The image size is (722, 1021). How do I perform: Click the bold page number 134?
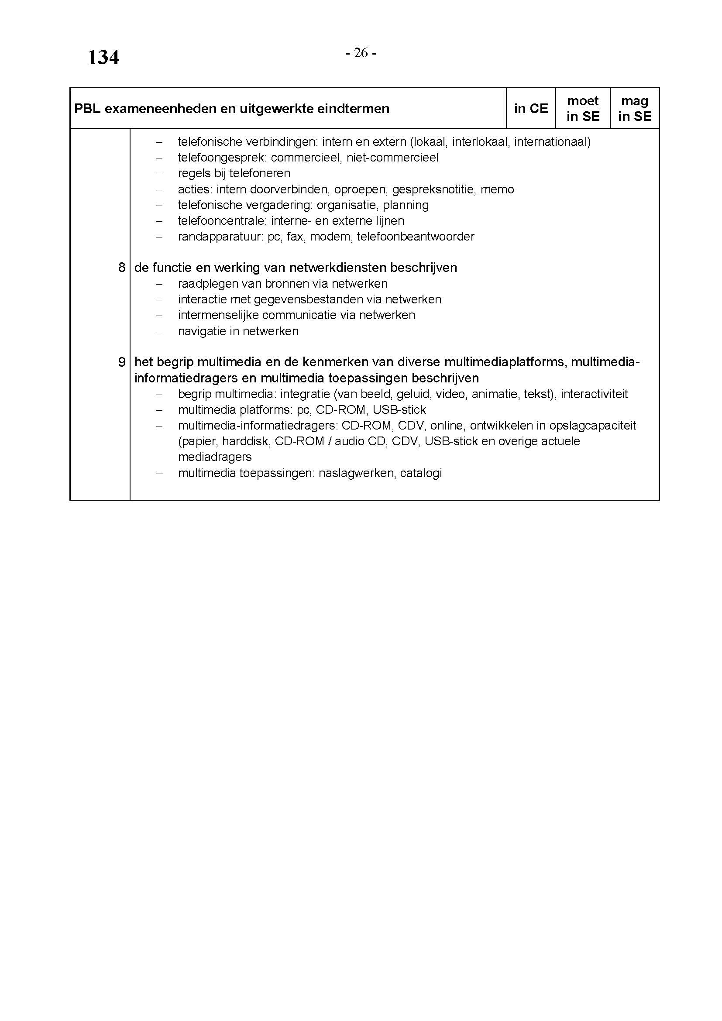click(x=103, y=58)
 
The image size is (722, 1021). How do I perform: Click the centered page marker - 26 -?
click(x=361, y=53)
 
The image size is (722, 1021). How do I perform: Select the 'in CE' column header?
click(x=531, y=109)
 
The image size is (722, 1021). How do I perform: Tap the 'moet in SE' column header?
click(x=582, y=109)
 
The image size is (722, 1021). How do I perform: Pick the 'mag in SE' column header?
click(x=634, y=109)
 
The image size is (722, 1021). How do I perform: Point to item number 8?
click(x=122, y=268)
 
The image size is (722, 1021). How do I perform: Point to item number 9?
click(x=122, y=362)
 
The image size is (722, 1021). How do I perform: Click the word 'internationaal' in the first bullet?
click(x=552, y=142)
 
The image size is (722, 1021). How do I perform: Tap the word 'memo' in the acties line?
click(x=497, y=189)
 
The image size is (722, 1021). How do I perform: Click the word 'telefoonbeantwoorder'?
click(x=415, y=237)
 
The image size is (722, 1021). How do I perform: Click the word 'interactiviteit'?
click(x=594, y=394)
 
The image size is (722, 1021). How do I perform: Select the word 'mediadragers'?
click(x=215, y=457)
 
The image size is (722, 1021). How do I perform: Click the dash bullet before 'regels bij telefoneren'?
click(x=159, y=174)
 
